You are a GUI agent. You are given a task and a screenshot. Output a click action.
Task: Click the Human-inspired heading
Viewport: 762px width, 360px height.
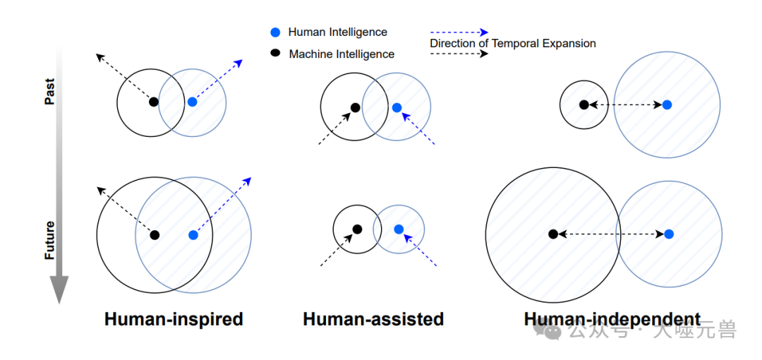point(174,319)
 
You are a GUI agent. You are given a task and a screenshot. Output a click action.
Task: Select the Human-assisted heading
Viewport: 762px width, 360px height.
point(373,319)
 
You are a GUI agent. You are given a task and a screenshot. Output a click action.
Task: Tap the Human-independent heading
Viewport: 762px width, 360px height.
point(612,319)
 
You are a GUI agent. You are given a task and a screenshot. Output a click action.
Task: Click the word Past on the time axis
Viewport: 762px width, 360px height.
point(49,91)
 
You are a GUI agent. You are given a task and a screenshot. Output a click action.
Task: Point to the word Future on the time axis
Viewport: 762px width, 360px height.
point(49,240)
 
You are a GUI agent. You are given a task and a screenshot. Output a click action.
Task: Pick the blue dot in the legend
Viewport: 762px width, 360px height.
point(275,32)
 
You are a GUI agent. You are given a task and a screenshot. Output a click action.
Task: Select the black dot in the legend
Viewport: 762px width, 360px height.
point(275,53)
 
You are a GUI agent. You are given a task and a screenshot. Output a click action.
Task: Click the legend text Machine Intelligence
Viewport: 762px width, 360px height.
point(341,54)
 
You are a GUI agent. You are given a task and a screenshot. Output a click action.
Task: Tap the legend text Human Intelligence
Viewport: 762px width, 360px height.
point(337,32)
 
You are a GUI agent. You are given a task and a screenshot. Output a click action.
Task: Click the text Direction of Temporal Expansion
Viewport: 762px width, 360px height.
point(513,44)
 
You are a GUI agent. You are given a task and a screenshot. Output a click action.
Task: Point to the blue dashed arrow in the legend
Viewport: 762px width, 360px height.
point(459,32)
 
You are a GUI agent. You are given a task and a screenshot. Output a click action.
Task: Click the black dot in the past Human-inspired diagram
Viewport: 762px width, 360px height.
point(154,102)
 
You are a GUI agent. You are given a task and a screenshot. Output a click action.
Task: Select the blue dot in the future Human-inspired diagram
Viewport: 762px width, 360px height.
point(193,235)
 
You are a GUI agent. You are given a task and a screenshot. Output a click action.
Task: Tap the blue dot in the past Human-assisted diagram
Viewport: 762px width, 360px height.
point(397,107)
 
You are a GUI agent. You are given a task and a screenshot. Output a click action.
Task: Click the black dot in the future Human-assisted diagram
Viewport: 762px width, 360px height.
point(357,229)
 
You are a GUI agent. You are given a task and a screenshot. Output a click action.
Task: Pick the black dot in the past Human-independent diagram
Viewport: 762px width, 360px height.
point(583,104)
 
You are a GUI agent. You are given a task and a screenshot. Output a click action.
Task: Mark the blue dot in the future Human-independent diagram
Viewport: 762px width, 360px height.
point(669,234)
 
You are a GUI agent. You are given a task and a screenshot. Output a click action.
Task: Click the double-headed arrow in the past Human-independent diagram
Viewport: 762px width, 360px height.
point(625,104)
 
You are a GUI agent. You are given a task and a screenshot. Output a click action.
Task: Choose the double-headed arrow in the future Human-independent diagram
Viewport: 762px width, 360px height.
point(611,234)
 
